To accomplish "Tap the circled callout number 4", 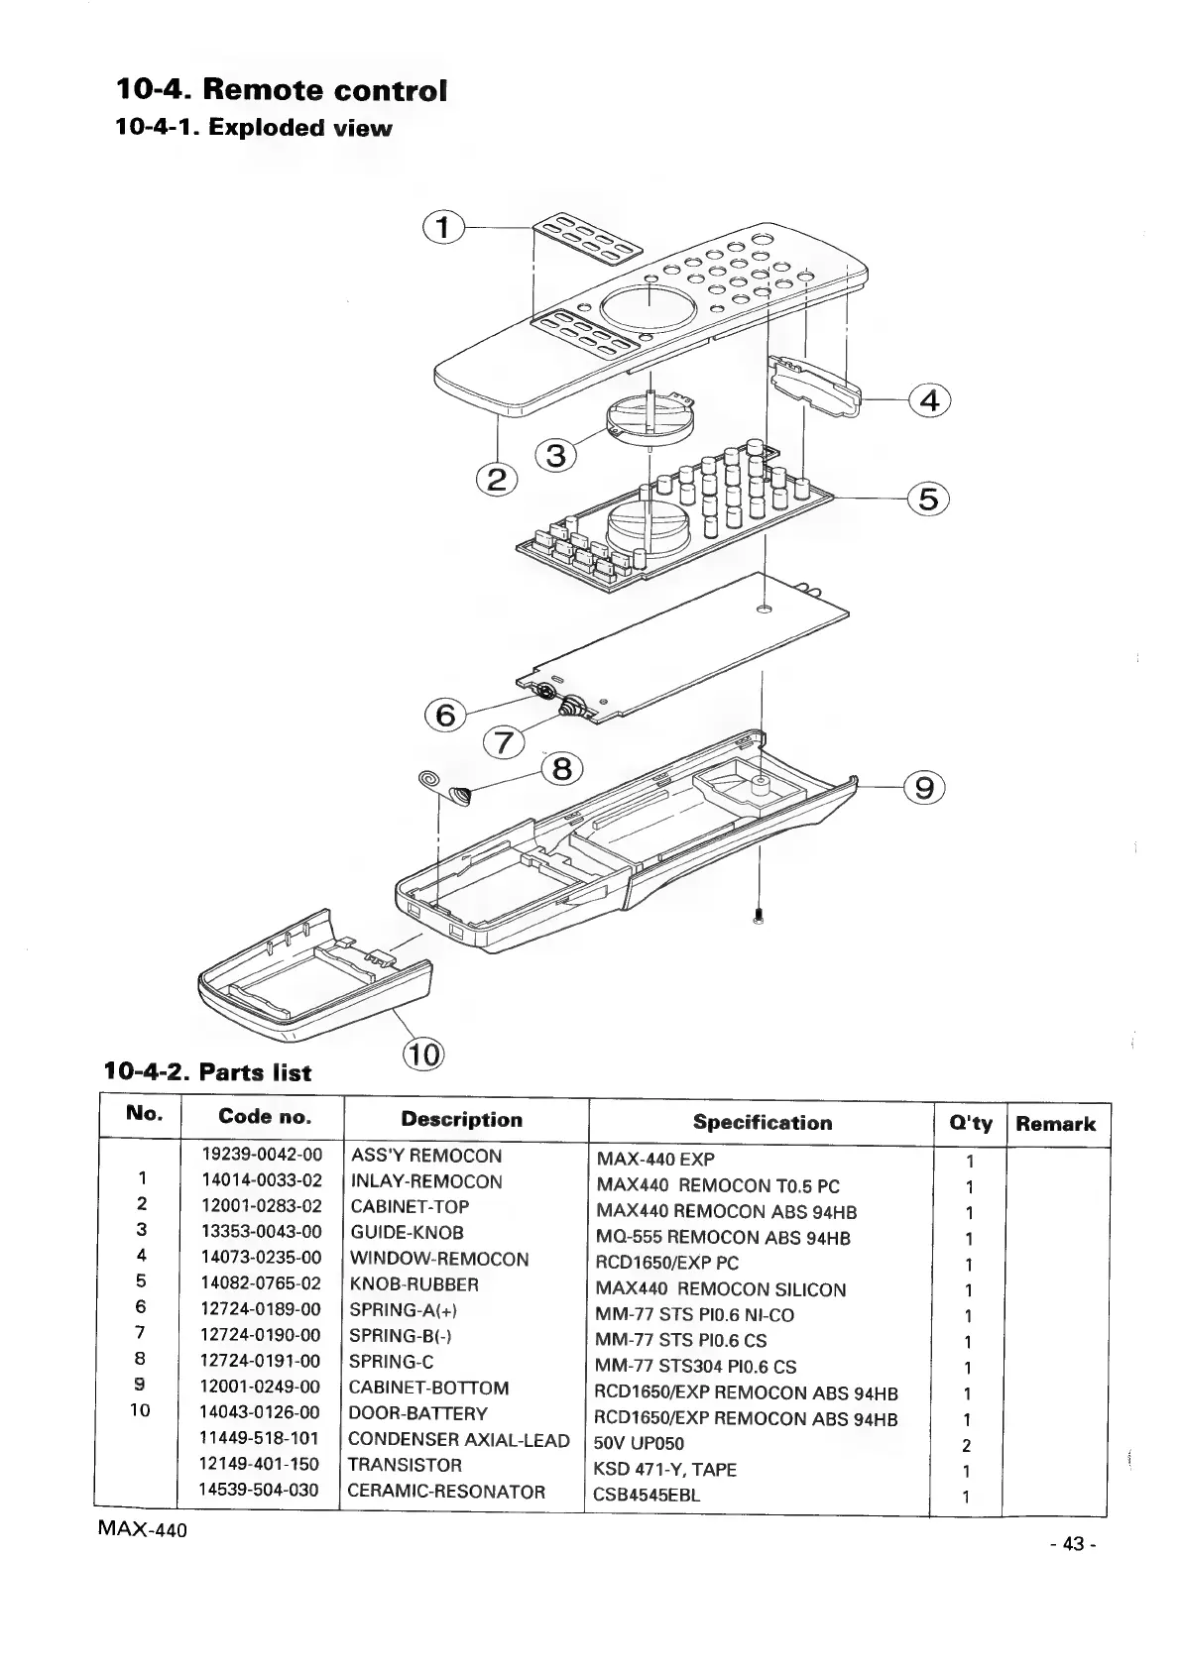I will tap(929, 400).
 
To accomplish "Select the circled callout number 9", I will tap(924, 788).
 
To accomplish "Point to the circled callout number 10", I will tap(424, 1055).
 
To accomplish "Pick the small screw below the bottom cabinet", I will tap(758, 916).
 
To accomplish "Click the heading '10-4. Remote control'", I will tap(282, 90).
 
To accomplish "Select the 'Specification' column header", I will tap(762, 1123).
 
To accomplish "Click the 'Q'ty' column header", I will tap(970, 1123).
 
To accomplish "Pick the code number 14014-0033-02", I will tap(262, 1180).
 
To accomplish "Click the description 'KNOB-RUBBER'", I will tap(414, 1284).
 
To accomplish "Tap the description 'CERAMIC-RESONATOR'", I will tap(446, 1491).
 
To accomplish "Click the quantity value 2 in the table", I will tap(968, 1445).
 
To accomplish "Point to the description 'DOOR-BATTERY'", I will tap(418, 1413).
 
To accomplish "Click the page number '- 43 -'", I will tap(1073, 1545).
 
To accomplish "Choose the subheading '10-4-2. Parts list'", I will tap(208, 1072).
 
